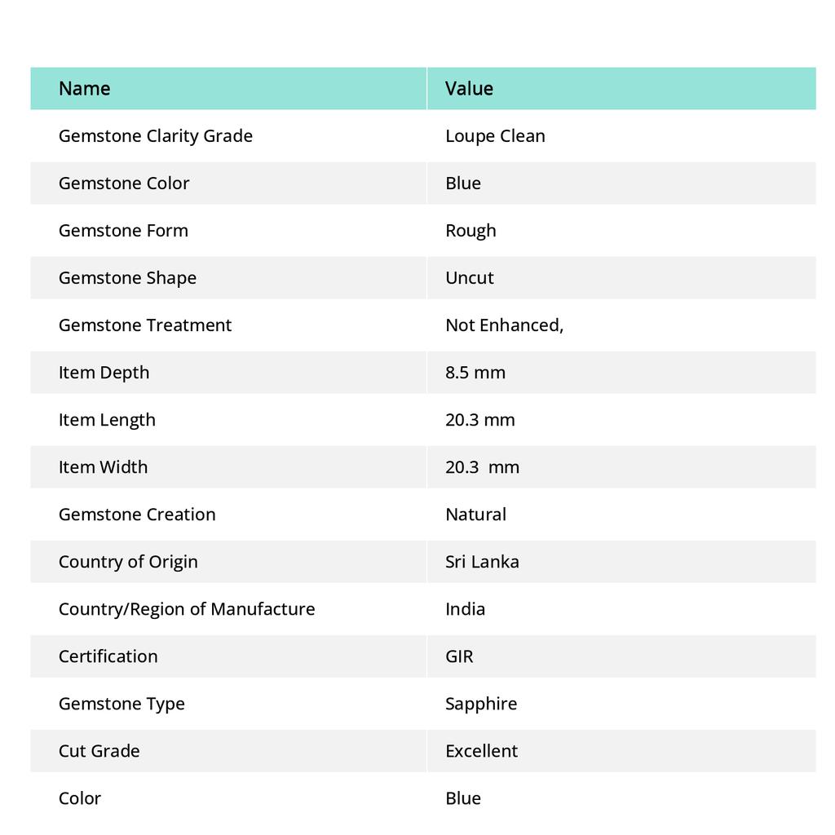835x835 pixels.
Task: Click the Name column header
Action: (x=84, y=88)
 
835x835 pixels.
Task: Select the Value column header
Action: (x=469, y=88)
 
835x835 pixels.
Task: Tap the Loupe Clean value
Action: (x=495, y=135)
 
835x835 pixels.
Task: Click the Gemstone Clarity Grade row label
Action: (x=155, y=135)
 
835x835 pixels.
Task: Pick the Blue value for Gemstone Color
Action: (x=463, y=183)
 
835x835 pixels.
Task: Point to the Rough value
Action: (x=471, y=230)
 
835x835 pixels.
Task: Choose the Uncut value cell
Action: (x=470, y=277)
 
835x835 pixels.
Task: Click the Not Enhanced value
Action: (x=504, y=325)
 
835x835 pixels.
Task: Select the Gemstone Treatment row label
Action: (x=144, y=325)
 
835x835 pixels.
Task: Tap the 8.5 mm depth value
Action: (x=475, y=372)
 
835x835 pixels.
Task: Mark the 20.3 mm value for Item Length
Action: (x=480, y=419)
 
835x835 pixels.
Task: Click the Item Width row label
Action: (x=103, y=466)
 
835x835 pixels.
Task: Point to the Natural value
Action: (x=475, y=514)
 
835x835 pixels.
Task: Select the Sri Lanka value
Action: (x=482, y=561)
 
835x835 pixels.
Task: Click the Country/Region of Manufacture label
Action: (x=186, y=608)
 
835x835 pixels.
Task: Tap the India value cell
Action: (x=465, y=608)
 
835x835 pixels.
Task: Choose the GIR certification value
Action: (x=459, y=656)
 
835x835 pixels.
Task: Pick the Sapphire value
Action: (x=481, y=703)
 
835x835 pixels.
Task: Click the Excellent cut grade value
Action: (x=481, y=750)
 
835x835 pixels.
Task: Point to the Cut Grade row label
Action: (x=99, y=750)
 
